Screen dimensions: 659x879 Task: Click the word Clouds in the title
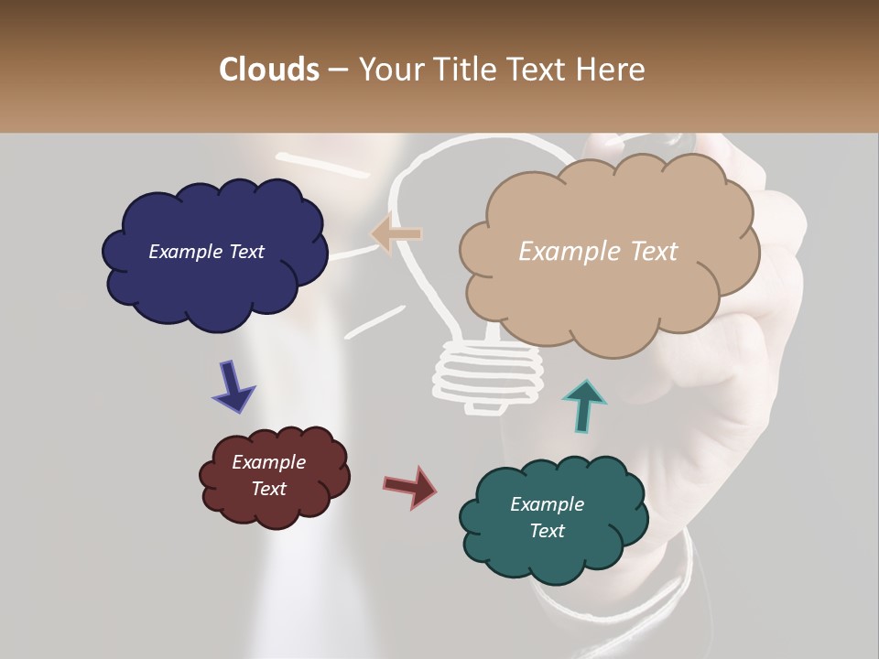point(269,70)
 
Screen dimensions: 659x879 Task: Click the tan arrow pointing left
point(396,234)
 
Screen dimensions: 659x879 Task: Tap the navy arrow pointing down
point(233,386)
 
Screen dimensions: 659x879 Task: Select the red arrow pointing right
point(410,486)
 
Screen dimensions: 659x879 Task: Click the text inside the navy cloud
point(206,252)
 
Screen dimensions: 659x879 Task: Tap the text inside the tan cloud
point(598,252)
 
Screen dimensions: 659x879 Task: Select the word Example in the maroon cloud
point(268,462)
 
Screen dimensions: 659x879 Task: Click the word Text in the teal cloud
point(547,531)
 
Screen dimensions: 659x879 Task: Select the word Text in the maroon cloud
point(268,489)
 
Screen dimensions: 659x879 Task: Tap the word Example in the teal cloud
point(547,504)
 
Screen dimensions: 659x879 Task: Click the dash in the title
point(338,70)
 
